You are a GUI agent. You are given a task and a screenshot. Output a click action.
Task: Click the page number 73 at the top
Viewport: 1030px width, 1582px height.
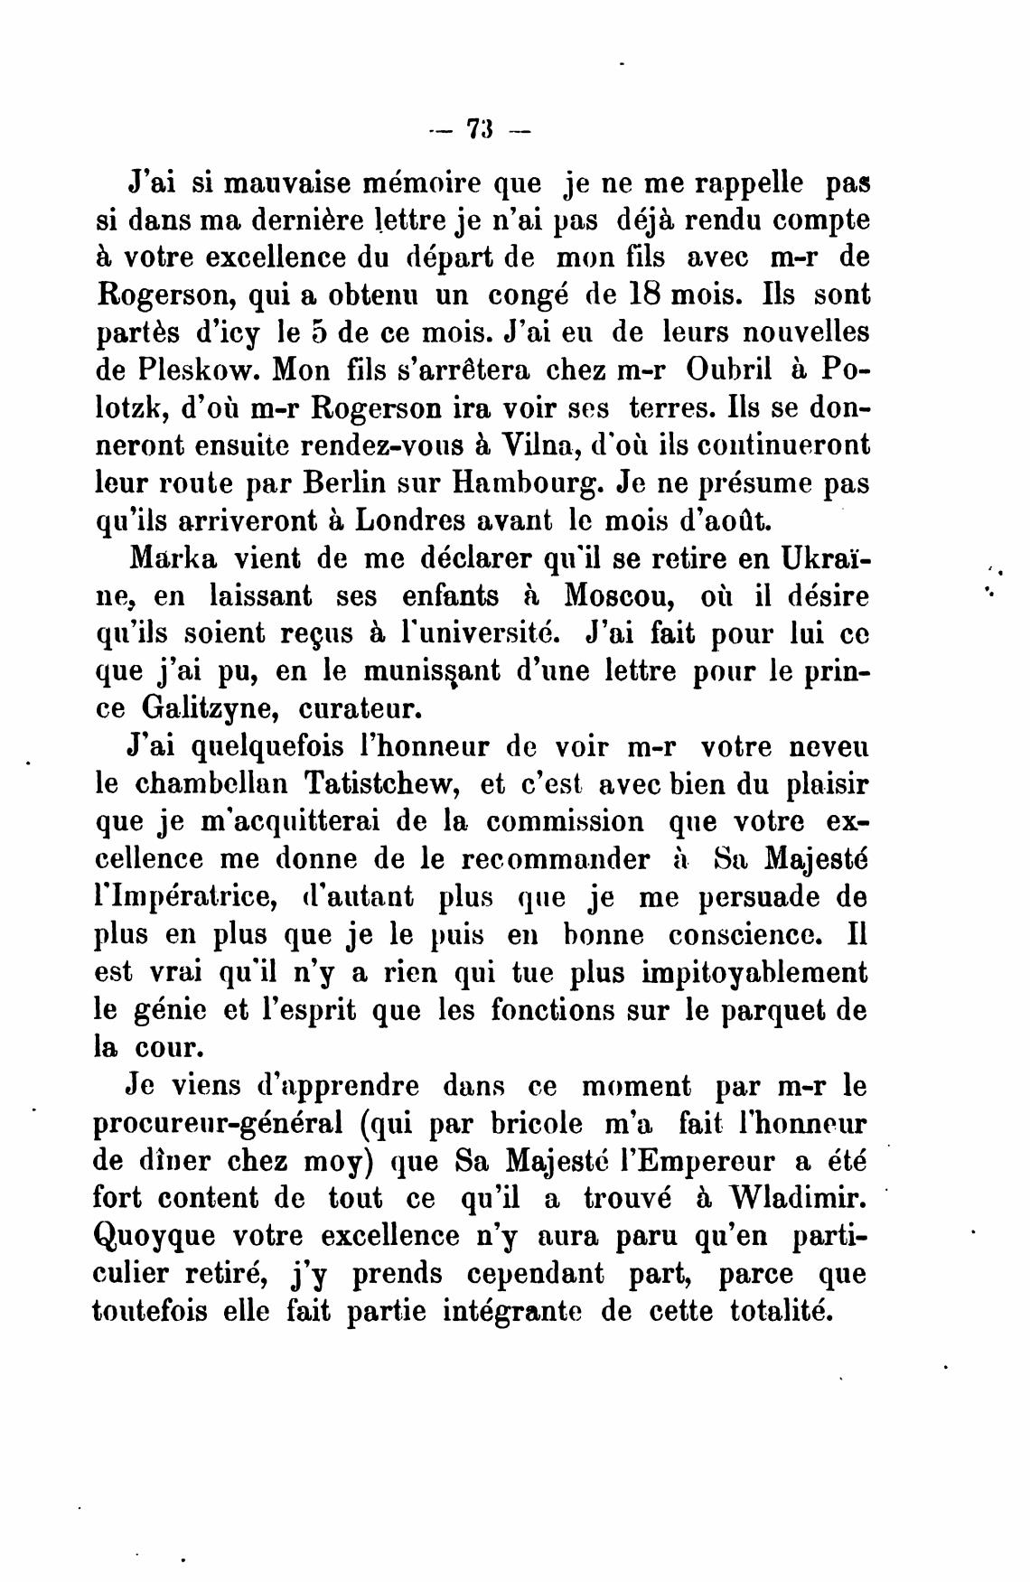click(478, 129)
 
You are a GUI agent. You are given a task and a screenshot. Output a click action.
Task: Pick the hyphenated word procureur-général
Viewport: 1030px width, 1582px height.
click(217, 1124)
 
